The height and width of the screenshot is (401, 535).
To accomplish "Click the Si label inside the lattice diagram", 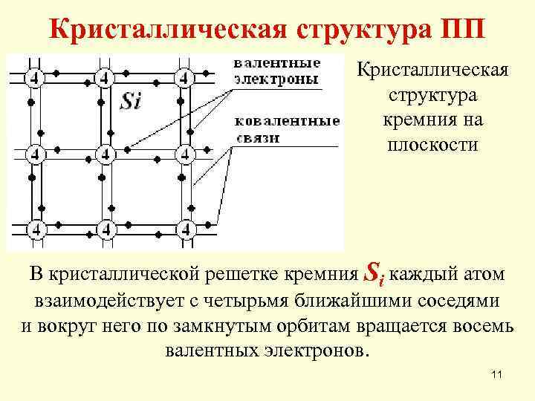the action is (131, 100).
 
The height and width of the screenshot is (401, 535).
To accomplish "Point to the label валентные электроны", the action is (277, 70).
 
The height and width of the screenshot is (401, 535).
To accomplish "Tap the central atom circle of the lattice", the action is (106, 154).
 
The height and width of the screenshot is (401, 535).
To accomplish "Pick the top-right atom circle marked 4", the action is (184, 76).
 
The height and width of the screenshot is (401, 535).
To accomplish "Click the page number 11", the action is (497, 377).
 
